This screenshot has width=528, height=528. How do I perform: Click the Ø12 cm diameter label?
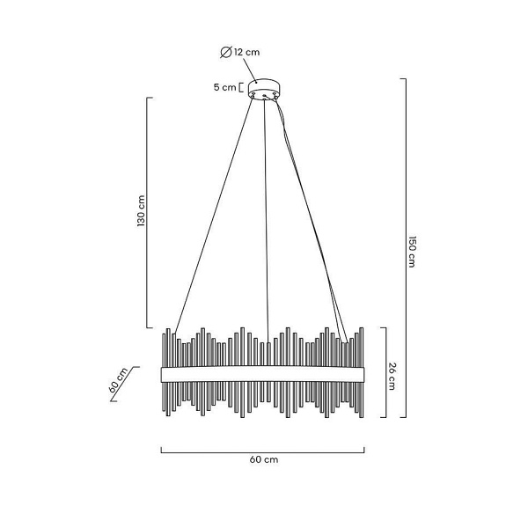point(240,52)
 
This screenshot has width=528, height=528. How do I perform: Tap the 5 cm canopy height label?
point(225,87)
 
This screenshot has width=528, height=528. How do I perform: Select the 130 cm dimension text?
point(141,211)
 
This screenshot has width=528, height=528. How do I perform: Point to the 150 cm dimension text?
point(412,252)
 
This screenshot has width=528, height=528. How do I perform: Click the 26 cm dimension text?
point(392,376)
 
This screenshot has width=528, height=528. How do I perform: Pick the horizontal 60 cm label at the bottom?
point(264,459)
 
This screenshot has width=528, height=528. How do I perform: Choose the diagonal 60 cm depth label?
point(119,380)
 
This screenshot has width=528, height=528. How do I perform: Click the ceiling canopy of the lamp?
point(264,89)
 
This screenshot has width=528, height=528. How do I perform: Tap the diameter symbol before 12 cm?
point(225,52)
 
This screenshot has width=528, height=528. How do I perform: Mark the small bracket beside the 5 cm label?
point(240,87)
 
